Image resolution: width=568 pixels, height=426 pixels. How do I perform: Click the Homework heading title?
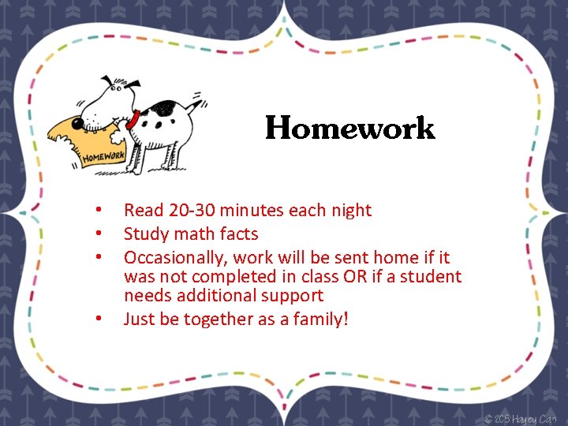click(349, 128)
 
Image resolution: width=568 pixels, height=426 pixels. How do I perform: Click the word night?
click(348, 210)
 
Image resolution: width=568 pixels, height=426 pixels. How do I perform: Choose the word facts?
click(240, 234)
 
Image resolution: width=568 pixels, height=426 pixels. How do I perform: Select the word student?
click(432, 276)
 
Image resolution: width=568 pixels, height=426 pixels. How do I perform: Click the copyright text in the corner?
click(521, 417)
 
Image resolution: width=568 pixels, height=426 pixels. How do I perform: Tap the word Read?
click(143, 210)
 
